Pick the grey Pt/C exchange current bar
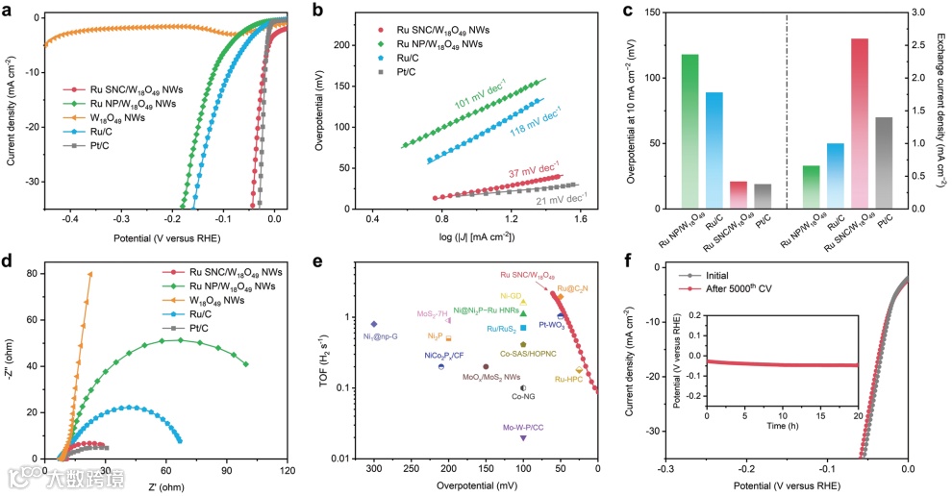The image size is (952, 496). click(x=885, y=162)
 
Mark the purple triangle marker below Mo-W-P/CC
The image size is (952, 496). click(x=523, y=437)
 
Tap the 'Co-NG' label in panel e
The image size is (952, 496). click(x=523, y=396)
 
